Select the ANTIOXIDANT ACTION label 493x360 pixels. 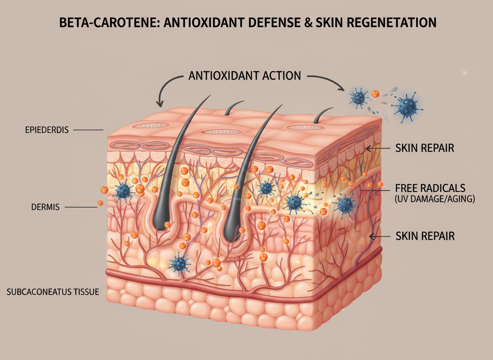[x=244, y=76]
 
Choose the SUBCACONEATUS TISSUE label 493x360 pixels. [x=53, y=292]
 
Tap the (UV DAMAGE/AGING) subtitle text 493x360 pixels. [x=434, y=199]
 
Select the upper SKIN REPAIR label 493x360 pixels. [x=424, y=148]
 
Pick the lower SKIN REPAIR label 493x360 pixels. [x=424, y=236]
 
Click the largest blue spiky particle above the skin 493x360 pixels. [x=406, y=107]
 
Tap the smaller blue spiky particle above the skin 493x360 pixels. [x=358, y=98]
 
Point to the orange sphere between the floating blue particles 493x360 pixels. [x=375, y=95]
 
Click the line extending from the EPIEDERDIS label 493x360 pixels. [x=88, y=130]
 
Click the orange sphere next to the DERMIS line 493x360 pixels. [x=100, y=203]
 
